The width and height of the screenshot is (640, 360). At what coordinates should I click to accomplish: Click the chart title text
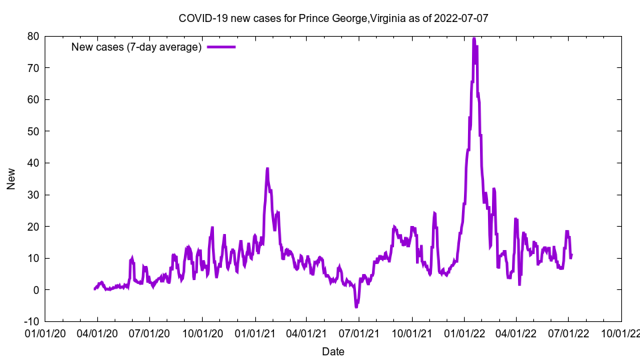pos(333,18)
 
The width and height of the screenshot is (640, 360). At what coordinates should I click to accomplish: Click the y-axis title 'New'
pos(11,179)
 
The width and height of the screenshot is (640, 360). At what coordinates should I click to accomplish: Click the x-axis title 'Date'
pos(333,351)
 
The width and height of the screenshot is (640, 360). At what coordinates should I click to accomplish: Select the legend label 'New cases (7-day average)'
pos(136,47)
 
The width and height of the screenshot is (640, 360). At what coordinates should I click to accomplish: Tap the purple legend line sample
pos(221,47)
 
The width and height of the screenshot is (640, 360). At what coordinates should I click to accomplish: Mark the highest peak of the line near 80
pos(474,39)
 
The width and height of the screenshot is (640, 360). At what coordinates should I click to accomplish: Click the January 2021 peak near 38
pos(267,169)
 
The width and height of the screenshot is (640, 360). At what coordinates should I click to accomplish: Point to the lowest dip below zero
pos(357,307)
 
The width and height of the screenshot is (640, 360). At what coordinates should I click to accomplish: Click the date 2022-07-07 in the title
pos(461,18)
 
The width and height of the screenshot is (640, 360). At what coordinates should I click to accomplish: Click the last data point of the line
pos(571,255)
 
